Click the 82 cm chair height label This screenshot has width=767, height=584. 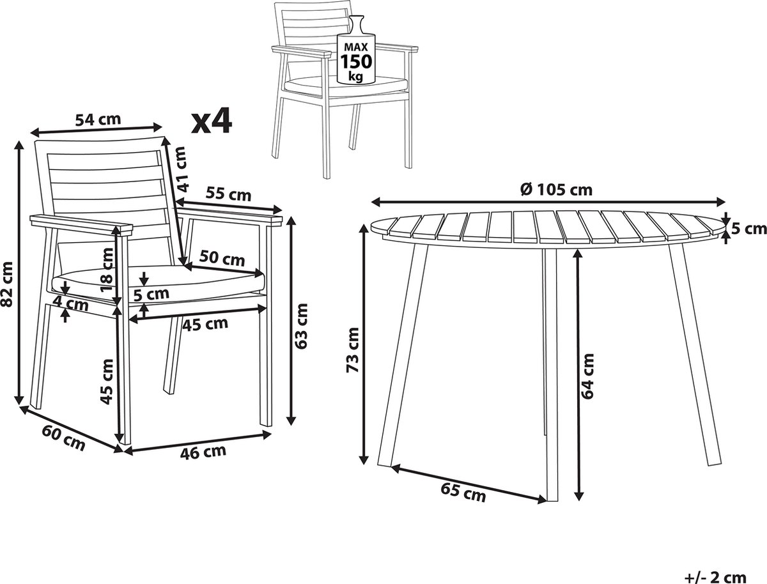coord(6,284)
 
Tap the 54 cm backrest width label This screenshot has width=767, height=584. coord(98,120)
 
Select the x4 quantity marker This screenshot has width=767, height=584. coord(212,121)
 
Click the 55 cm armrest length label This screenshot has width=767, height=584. coord(228,194)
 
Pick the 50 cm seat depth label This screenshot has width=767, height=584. coord(222,259)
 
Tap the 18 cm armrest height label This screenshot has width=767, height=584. coord(107,270)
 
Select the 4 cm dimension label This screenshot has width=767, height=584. coord(71,304)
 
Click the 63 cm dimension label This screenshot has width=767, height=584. coord(301,326)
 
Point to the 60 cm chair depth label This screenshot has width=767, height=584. coord(63,439)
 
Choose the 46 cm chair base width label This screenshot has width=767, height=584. coord(203,452)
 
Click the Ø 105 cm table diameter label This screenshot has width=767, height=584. coord(556,190)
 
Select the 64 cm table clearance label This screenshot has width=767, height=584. coord(587,376)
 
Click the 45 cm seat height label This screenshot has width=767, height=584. coord(107,381)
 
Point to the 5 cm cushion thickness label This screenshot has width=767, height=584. coord(151,295)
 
